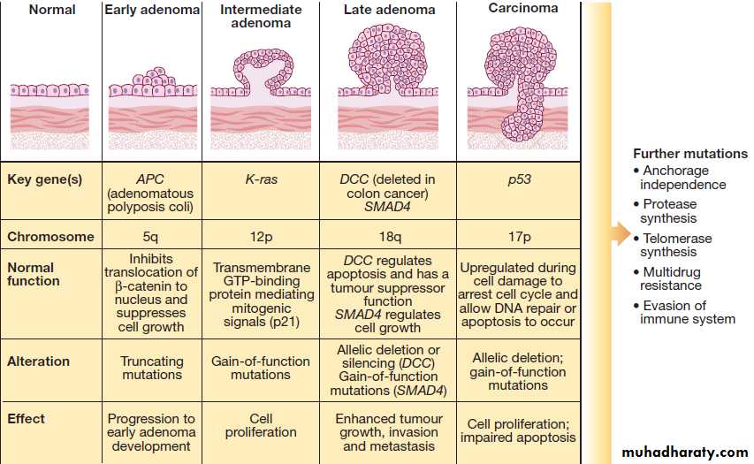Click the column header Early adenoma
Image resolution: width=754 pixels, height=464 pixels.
pos(152,10)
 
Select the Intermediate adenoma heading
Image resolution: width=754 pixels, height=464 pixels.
pos(261,16)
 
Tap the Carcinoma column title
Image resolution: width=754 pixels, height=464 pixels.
pos(523,8)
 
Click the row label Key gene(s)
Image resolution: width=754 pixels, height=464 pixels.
pos(45,179)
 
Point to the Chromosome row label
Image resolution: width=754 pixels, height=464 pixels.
pos(50,237)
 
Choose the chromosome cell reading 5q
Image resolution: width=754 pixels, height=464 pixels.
pos(150,237)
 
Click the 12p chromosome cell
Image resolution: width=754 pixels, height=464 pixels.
pos(261,237)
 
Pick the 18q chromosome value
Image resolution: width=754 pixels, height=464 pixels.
pos(390,237)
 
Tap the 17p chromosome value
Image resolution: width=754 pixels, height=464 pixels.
pos(520,237)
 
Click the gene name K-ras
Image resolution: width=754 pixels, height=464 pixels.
pos(261,179)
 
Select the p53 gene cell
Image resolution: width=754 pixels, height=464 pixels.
pos(520,180)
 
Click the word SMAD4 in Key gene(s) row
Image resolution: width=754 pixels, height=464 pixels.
pos(387,207)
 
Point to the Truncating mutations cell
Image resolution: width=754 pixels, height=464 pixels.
pos(152,368)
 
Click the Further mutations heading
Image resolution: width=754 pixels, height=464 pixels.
pos(690,154)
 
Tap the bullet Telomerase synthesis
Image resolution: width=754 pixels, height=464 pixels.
pos(674,245)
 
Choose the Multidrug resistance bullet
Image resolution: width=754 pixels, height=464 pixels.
pos(667,279)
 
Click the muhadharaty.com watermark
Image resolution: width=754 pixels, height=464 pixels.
pos(685,452)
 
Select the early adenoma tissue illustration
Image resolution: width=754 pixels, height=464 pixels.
pos(152,108)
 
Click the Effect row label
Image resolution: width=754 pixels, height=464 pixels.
pos(26,419)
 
